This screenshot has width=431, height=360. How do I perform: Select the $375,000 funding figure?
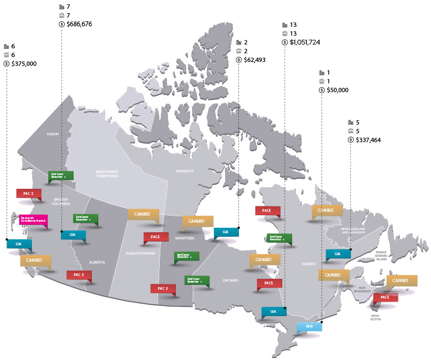click(x=24, y=64)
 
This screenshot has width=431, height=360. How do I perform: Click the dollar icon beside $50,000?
click(x=323, y=90)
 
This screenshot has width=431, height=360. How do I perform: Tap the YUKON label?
click(x=53, y=134)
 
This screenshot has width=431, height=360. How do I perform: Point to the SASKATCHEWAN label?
click(x=140, y=254)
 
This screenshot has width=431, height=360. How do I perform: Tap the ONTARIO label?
click(x=231, y=280)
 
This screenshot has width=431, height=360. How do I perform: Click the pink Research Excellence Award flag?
click(x=33, y=220)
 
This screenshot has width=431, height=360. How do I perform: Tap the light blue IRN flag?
click(x=309, y=327)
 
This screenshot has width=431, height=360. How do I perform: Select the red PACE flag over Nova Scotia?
click(x=385, y=297)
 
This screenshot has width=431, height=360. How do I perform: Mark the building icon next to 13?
click(x=284, y=25)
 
